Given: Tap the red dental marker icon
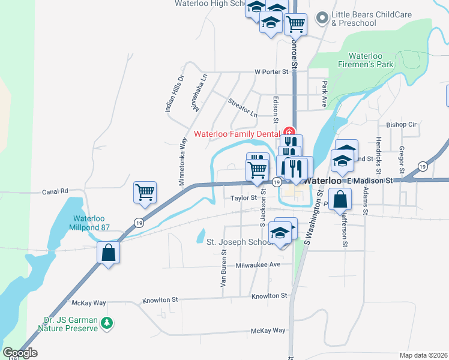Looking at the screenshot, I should point(289,132).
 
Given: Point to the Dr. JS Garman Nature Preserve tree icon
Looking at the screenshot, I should point(107,323).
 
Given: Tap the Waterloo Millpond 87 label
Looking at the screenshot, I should point(94,223).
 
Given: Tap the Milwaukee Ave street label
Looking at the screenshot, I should point(258,265).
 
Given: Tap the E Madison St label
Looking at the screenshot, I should point(370,180).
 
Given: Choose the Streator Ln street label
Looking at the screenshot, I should point(243,107).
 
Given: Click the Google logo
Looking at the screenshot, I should point(20,353).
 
